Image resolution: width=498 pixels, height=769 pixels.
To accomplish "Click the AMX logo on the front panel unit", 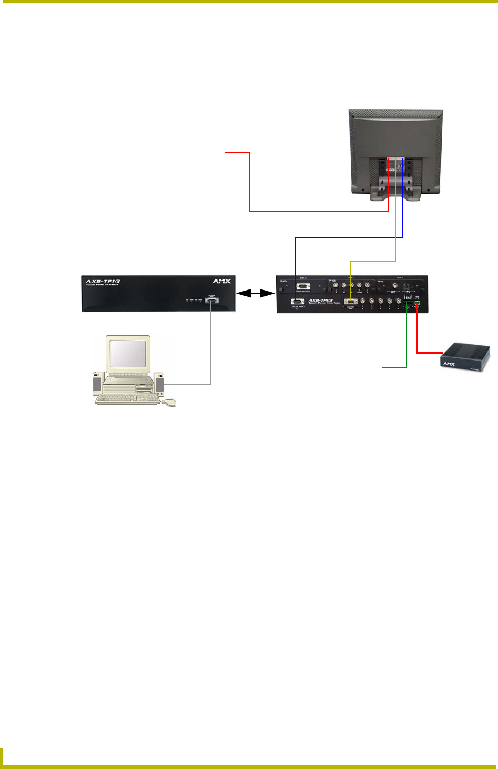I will (x=221, y=281).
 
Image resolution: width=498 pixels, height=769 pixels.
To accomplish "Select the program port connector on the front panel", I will (x=211, y=301).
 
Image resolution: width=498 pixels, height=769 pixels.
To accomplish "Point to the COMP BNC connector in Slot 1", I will (x=395, y=286).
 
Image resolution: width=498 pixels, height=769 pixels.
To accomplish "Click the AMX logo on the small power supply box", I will (x=449, y=364).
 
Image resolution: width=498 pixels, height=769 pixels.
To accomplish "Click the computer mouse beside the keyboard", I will (x=169, y=403).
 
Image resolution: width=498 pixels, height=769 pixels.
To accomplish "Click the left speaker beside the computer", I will (x=97, y=384).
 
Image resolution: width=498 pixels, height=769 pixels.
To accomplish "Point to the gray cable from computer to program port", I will (x=210, y=347).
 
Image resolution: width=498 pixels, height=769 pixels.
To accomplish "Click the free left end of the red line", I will (x=226, y=153).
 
